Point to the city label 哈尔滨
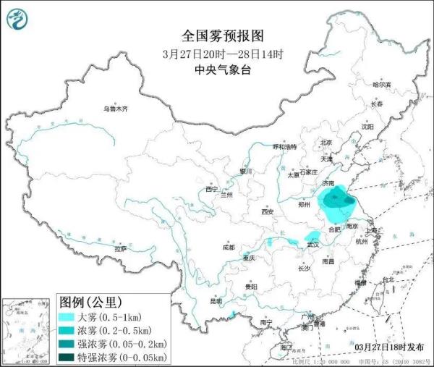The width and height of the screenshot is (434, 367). tap(381, 85)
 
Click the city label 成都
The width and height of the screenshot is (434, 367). tap(229, 248)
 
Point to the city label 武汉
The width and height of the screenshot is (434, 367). tap(312, 245)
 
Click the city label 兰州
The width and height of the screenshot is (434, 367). tap(228, 194)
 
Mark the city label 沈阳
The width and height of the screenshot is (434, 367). tap(370, 127)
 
